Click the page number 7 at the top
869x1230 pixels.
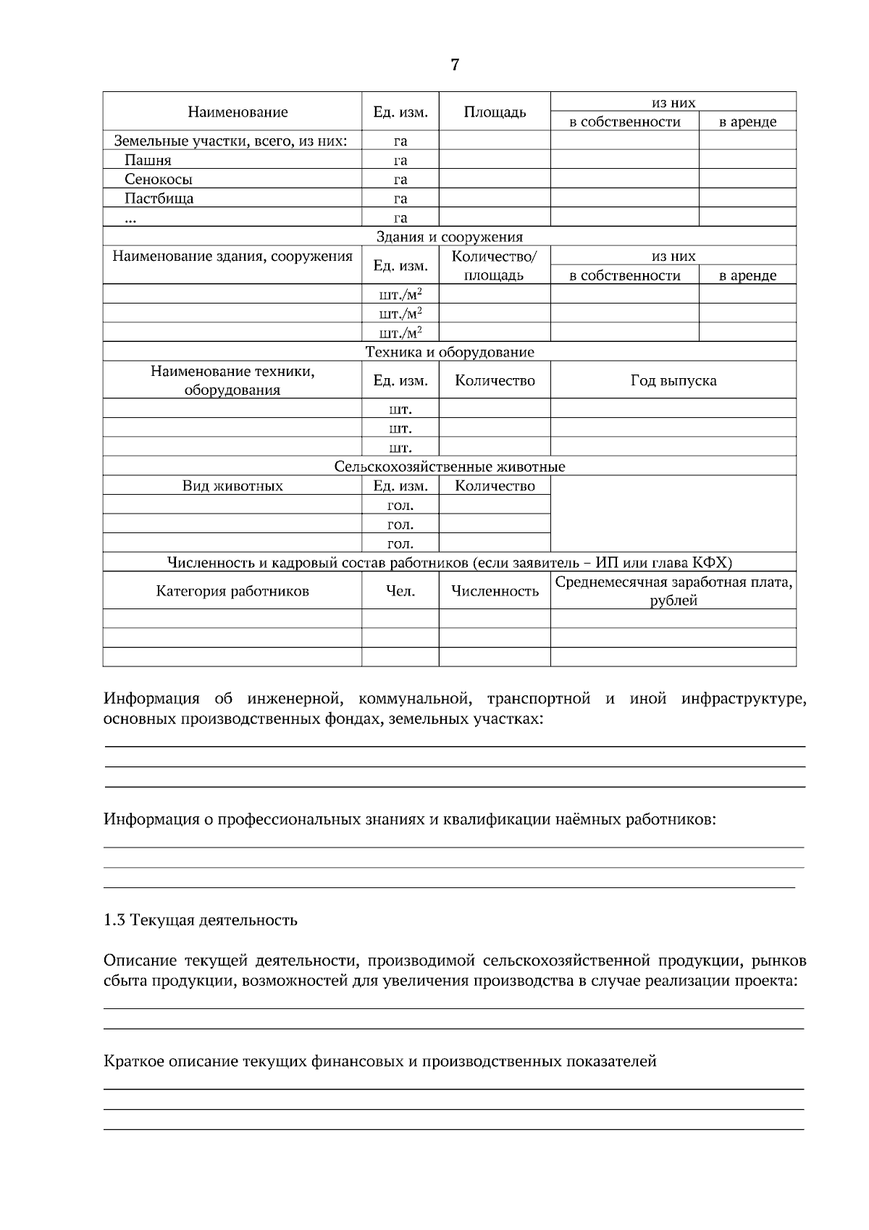[454, 65]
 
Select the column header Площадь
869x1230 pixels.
[495, 112]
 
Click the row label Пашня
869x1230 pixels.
[148, 160]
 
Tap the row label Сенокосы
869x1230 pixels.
[159, 180]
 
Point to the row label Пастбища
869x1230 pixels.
[159, 198]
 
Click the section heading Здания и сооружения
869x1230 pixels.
[449, 237]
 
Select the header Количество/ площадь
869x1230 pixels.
[495, 265]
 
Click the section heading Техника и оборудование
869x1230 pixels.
[449, 352]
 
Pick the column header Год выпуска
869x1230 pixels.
[673, 380]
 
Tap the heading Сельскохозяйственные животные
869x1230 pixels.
[449, 467]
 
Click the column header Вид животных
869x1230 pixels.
[232, 486]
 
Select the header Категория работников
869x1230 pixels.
[232, 591]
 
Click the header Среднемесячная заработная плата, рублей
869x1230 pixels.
[673, 591]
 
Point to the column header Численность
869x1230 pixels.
[495, 591]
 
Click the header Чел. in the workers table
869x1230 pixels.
[400, 591]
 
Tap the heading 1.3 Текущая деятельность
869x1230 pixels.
[201, 921]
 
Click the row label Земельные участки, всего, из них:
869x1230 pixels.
[230, 141]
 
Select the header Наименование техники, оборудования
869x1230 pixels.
[232, 380]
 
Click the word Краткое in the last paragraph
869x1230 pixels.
[133, 1062]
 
